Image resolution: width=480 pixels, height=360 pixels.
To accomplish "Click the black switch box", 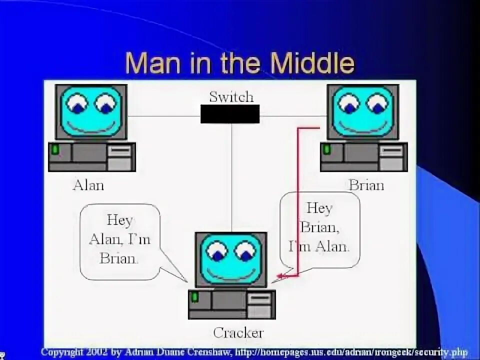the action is point(230,114).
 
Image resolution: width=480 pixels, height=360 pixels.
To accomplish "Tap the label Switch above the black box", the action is point(231,96).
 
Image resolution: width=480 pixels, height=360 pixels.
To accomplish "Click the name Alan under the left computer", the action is point(88,185).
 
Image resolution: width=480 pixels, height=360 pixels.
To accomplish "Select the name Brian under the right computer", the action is point(366,185).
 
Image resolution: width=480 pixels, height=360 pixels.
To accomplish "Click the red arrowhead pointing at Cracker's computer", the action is point(280,275).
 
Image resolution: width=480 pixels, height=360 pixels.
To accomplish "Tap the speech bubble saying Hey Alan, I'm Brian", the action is point(119,240).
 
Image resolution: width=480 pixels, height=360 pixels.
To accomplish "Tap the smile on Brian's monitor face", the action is point(362,125).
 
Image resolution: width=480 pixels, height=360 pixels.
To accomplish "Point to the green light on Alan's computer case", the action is point(55,149).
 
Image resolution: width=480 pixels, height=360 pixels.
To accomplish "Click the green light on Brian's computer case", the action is point(327,149).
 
